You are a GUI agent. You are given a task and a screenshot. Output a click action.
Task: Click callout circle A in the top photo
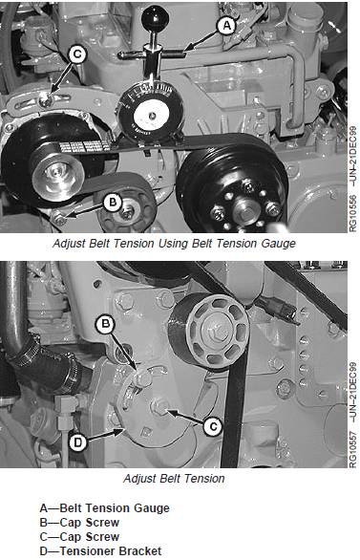click(x=226, y=26)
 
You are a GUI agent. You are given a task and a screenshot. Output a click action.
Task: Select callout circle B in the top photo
click(x=113, y=203)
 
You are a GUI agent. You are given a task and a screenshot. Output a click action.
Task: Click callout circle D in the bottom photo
click(x=77, y=442)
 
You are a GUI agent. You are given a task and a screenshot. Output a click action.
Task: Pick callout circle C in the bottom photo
click(x=213, y=426)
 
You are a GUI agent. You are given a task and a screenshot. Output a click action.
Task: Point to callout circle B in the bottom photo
click(x=105, y=324)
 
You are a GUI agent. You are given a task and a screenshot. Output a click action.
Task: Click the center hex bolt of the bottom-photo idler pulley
click(x=211, y=333)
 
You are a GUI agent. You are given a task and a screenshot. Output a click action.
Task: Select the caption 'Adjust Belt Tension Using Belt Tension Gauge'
click(x=174, y=244)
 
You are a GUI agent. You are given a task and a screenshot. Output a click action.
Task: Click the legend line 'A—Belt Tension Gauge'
click(x=104, y=507)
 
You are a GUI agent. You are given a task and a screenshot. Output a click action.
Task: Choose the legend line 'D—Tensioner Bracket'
click(x=100, y=550)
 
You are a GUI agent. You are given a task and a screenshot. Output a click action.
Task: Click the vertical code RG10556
click(x=353, y=213)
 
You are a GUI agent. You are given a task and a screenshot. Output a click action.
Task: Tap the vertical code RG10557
click(x=353, y=449)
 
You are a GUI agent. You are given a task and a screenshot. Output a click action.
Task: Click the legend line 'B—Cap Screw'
click(x=79, y=522)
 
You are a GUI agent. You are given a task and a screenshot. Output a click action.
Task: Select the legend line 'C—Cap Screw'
click(x=79, y=536)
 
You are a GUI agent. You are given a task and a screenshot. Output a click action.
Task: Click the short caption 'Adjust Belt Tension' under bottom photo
click(x=174, y=478)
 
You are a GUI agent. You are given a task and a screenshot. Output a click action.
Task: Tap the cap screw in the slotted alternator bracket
click(x=46, y=101)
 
